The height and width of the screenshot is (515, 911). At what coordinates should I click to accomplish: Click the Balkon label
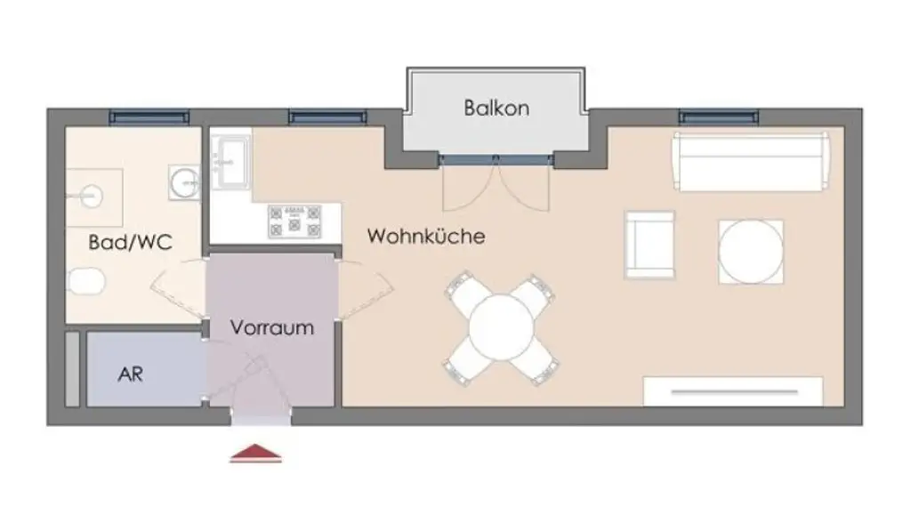point(496,109)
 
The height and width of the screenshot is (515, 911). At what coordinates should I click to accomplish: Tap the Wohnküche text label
point(426,237)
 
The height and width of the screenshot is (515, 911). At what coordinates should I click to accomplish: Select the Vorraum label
point(272,327)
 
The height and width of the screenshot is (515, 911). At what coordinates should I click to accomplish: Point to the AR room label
point(130,374)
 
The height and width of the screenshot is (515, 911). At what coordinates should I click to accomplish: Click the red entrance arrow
point(256,454)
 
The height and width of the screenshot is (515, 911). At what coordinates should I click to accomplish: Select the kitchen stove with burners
point(294,221)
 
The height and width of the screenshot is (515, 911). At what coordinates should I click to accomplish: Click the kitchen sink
point(231,162)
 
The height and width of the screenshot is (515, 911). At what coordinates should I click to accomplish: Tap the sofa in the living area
point(751,161)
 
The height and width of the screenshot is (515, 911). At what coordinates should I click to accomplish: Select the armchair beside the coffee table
point(649,245)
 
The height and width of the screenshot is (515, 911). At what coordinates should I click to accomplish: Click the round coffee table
point(751,251)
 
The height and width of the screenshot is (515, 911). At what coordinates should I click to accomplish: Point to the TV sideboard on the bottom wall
point(732,390)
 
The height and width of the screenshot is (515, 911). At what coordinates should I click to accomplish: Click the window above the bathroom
point(149,117)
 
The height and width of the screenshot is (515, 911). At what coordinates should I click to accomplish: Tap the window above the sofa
point(719,117)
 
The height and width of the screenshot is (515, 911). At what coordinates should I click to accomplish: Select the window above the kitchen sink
point(327,117)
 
